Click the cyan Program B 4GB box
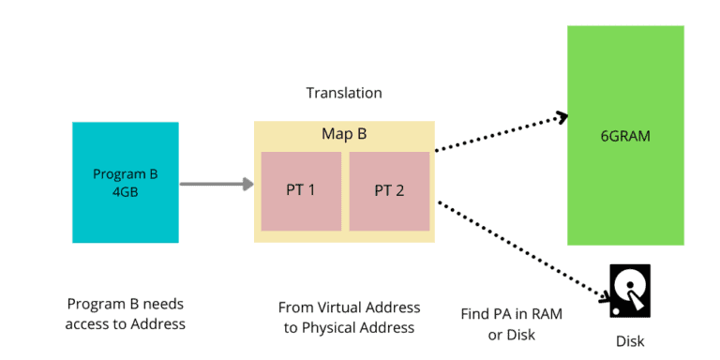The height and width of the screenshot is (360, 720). tap(125, 182)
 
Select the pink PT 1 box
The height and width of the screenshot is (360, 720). tap(300, 190)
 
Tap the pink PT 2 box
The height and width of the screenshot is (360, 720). tap(389, 190)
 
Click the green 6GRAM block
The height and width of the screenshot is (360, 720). tap(625, 135)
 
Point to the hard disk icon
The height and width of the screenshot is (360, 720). tap(629, 290)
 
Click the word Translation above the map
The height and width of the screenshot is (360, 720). tap(344, 93)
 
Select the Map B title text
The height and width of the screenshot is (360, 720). tap(344, 134)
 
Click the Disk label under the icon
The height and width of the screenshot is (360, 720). tap(629, 341)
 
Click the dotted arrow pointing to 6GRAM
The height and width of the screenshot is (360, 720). tap(502, 133)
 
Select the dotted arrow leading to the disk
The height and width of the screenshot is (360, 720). tap(520, 249)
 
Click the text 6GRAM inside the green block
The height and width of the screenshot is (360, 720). tap(625, 136)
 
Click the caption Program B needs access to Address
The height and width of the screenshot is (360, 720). tap(126, 314)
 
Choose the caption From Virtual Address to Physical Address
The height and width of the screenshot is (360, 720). tap(349, 318)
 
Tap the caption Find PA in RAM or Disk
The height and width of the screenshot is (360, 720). tap(512, 323)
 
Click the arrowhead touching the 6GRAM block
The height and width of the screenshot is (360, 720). tap(561, 117)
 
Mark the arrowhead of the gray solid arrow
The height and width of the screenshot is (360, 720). tap(248, 184)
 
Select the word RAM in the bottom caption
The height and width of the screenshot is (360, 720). tap(546, 314)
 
